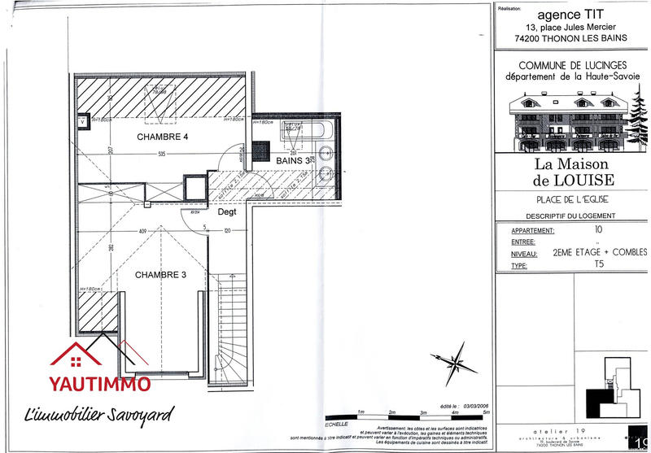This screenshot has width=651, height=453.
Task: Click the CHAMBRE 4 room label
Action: [162, 137]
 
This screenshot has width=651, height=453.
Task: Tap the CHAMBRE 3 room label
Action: [160, 275]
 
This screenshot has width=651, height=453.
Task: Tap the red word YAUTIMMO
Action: [100, 385]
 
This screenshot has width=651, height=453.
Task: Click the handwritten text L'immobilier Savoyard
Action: [100, 416]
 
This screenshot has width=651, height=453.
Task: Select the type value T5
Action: [599, 265]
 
